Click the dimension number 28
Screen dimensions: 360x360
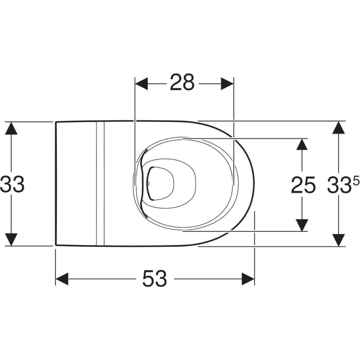pos(182,82)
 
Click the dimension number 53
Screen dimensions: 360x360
pos(154,279)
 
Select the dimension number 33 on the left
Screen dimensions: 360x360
pos(12,184)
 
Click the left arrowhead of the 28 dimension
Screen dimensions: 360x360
pos(141,84)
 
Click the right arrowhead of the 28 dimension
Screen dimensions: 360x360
pos(227,84)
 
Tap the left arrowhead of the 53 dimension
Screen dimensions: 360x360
pos(62,279)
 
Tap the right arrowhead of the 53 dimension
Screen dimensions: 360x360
pos(248,279)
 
